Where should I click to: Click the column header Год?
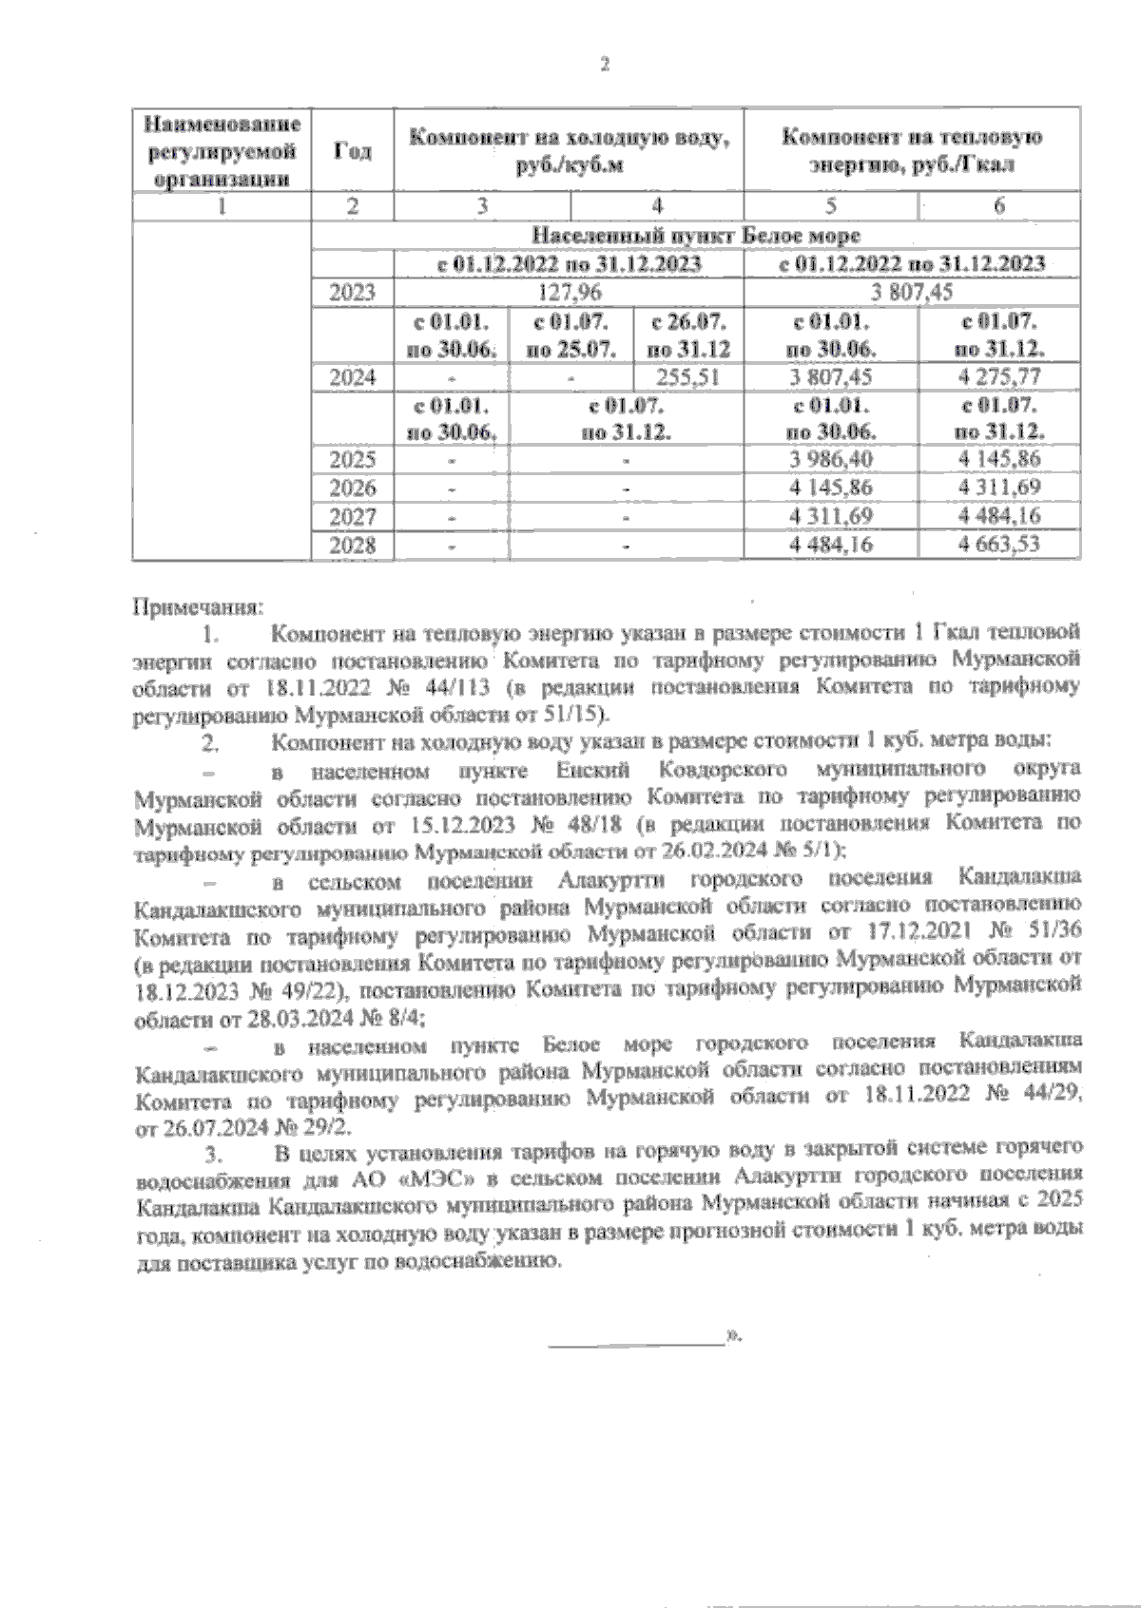pyautogui.click(x=352, y=151)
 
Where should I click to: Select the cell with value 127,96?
pyautogui.click(x=569, y=293)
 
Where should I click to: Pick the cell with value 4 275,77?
pyautogui.click(x=999, y=376)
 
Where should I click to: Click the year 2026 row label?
pyautogui.click(x=352, y=488)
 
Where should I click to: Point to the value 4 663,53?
pyautogui.click(x=999, y=546)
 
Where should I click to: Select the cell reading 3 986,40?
pyautogui.click(x=830, y=460)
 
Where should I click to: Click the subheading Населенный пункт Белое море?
pyautogui.click(x=696, y=235)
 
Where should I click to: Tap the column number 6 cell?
pyautogui.click(x=999, y=206)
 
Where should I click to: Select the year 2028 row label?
pyautogui.click(x=352, y=546)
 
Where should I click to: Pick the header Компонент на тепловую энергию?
pyautogui.click(x=911, y=150)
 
